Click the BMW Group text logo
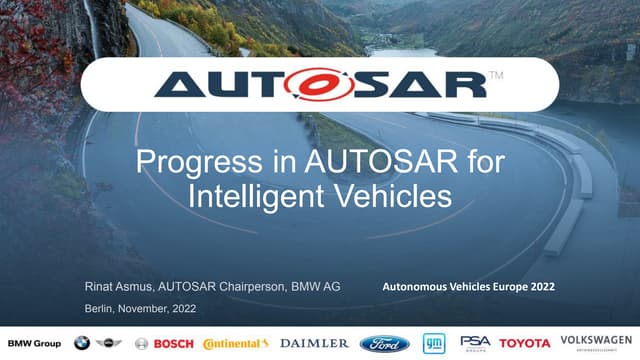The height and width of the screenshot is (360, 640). tap(34, 343)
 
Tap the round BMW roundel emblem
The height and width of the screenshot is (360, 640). tap(82, 343)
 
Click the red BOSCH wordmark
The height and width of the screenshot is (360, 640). tap(172, 343)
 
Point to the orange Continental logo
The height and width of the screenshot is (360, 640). tap(235, 343)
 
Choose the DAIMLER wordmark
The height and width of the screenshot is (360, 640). tap(314, 343)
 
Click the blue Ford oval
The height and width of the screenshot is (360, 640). tap(385, 343)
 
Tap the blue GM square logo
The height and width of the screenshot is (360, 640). tap(433, 343)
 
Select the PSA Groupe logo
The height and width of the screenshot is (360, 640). tap(475, 343)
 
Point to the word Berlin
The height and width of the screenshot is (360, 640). tap(101, 309)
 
